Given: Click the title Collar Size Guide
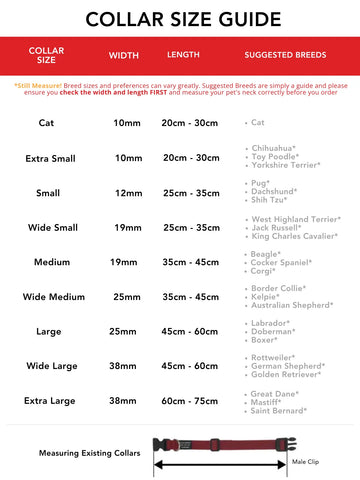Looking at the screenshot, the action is point(180,18).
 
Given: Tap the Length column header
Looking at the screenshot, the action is point(183,54).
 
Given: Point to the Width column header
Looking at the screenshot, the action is point(123,54).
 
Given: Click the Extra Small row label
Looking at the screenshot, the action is point(46,158).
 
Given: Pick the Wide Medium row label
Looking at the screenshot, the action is point(46,297).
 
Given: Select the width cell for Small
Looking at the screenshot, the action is point(128,192).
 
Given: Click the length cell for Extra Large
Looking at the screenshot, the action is point(190,400).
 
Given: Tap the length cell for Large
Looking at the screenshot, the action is point(190,331).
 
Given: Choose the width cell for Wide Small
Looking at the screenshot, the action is point(128,227).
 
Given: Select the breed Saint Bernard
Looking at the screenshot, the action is point(279,410).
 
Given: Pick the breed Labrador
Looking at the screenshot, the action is point(271,322).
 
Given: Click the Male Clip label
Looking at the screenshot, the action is point(305,463).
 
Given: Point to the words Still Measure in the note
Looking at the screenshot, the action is point(38,86).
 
